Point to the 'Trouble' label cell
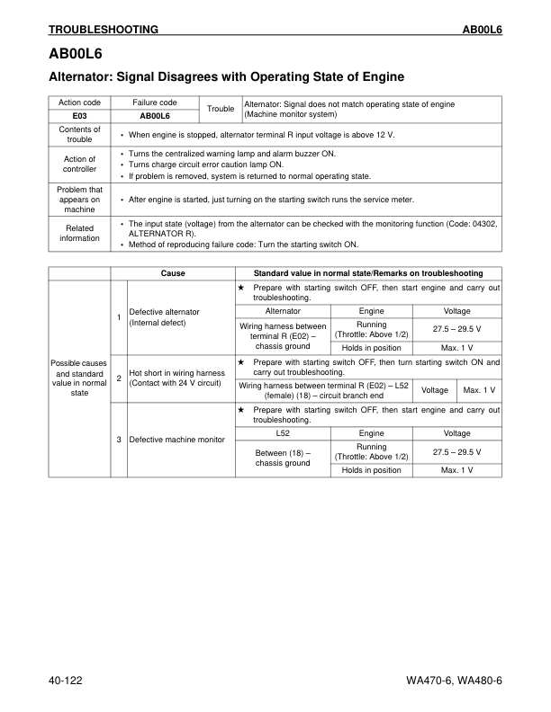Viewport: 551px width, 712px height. click(x=220, y=110)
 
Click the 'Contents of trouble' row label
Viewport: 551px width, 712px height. click(x=79, y=134)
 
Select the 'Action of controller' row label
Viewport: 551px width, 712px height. click(x=79, y=165)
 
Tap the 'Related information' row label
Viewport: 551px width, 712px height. click(x=79, y=233)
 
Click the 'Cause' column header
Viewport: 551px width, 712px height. click(x=173, y=273)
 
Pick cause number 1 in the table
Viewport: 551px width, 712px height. click(x=119, y=316)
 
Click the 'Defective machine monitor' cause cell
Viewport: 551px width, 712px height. click(x=176, y=440)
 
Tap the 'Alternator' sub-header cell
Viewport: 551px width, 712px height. click(x=283, y=310)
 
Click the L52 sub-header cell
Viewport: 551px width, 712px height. click(x=283, y=433)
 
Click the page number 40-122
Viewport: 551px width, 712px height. click(x=66, y=681)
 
